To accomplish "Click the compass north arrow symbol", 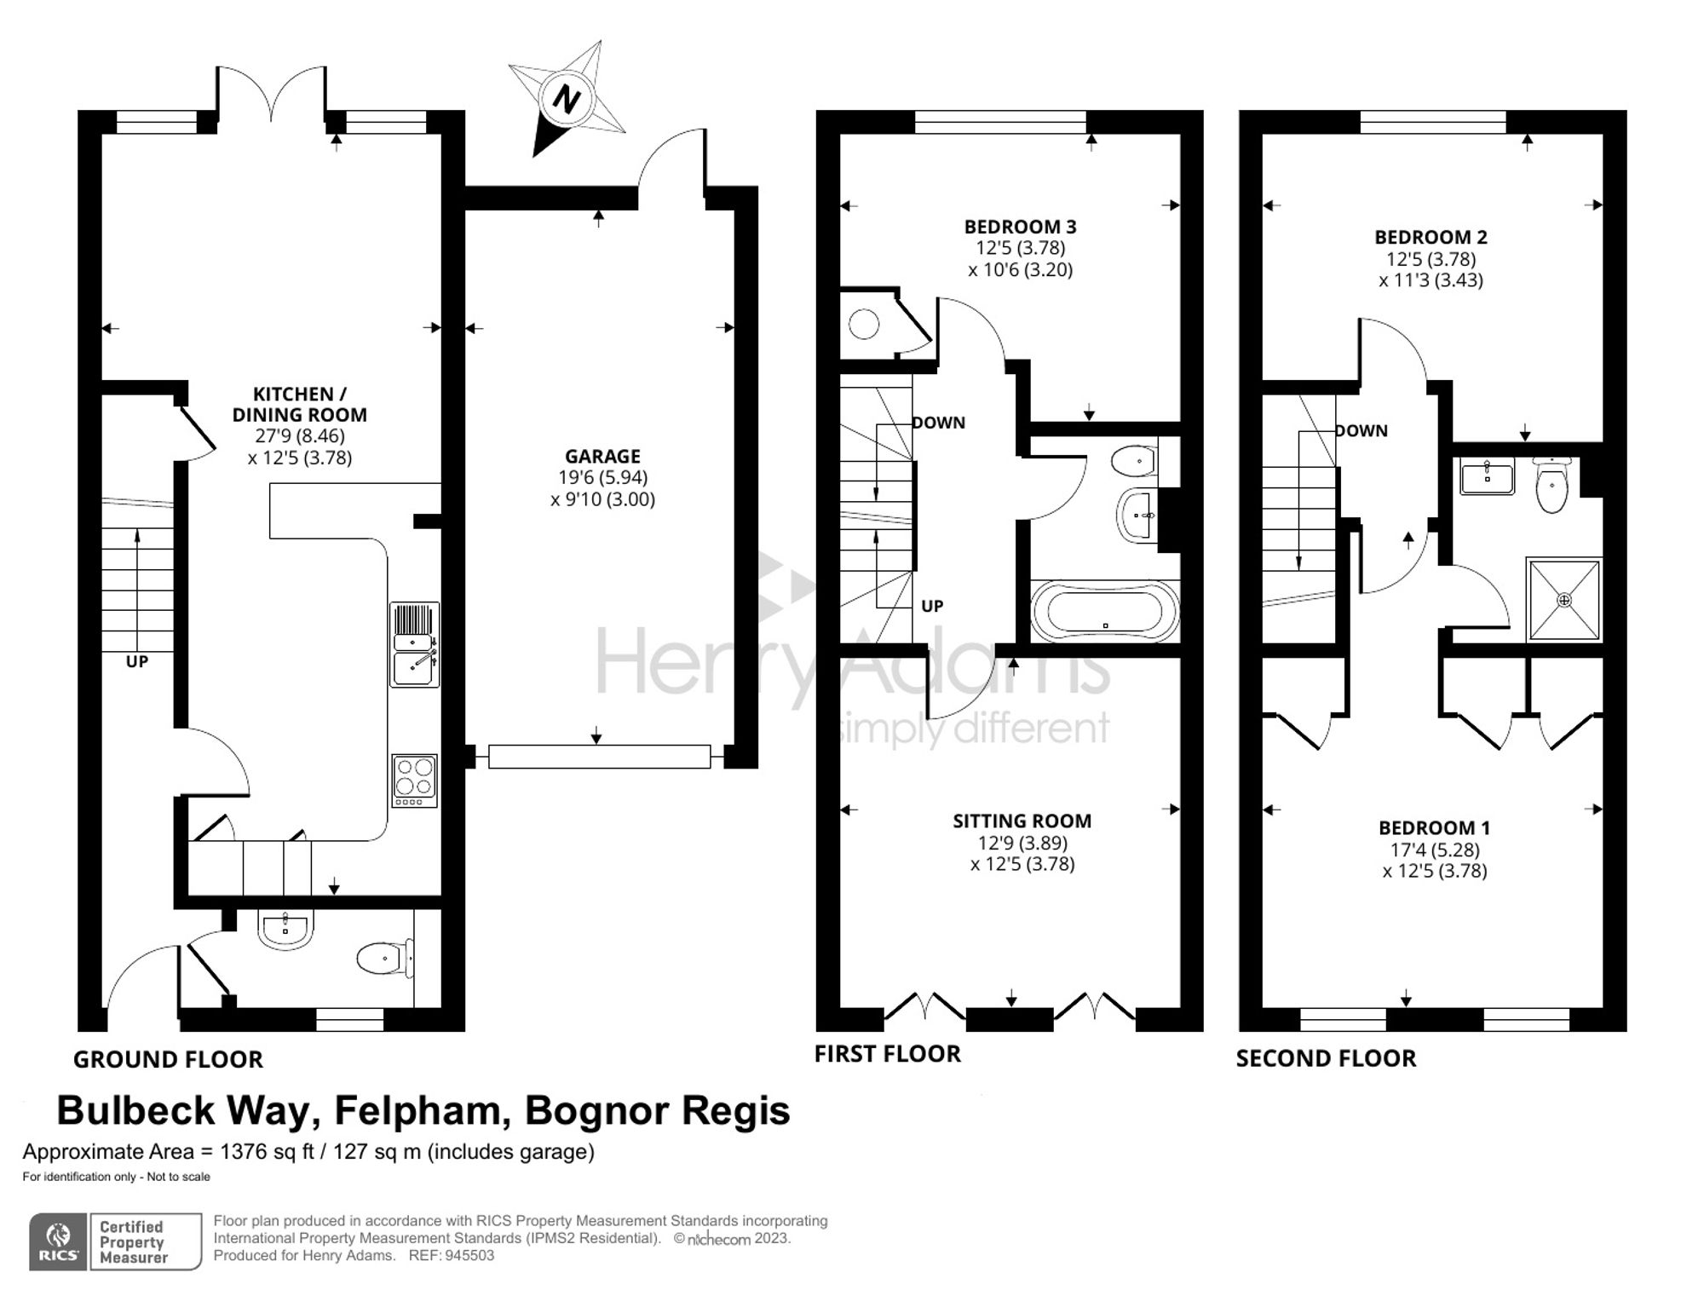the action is (x=567, y=99).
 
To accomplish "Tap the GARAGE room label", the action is (x=602, y=457).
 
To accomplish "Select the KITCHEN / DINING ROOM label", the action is (x=300, y=405).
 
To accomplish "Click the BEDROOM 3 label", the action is (x=1020, y=227).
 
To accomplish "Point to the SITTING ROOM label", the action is (x=1022, y=821).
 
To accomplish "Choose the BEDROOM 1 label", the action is (x=1434, y=827).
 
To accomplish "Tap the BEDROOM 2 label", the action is (x=1431, y=237).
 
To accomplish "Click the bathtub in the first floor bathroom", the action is (x=1105, y=612).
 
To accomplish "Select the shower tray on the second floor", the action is (x=1564, y=599).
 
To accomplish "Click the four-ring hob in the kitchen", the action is (x=415, y=780).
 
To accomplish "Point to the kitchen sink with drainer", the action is (x=415, y=644).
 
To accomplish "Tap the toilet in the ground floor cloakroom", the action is (x=385, y=958).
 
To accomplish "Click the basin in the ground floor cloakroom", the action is (x=285, y=928).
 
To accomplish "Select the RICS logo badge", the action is (x=59, y=1241).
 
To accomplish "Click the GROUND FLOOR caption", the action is (x=168, y=1059).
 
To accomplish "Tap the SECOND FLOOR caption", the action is (x=1326, y=1058).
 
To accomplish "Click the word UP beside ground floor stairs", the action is (x=137, y=661).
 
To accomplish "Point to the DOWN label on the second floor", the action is (x=1361, y=431).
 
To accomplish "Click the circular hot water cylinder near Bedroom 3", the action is (x=864, y=325).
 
